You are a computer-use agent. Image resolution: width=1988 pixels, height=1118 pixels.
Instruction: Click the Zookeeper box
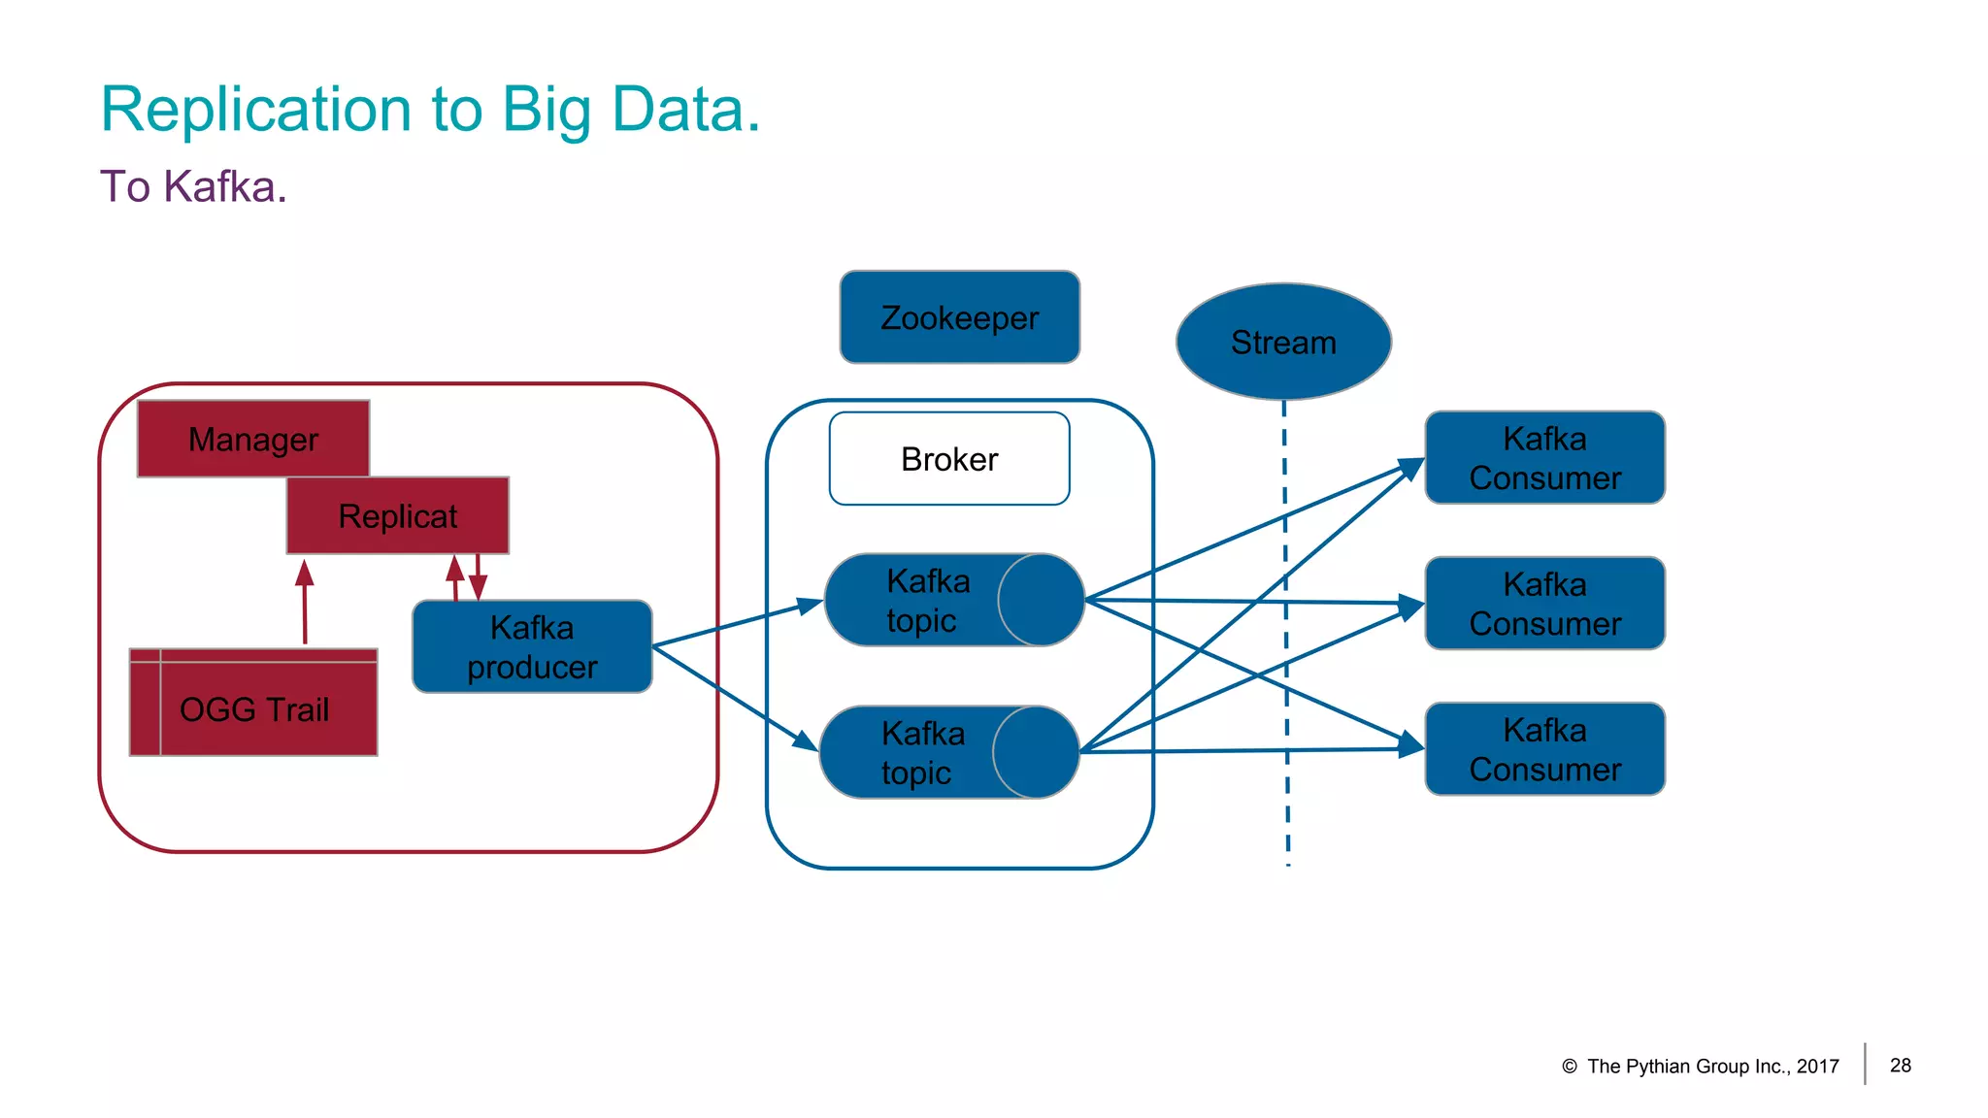(959, 317)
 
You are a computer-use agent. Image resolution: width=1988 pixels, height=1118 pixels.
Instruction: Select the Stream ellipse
(1283, 342)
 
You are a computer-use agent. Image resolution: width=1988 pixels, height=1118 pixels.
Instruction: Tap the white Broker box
(948, 458)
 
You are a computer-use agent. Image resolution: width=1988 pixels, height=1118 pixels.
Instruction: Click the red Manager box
(252, 439)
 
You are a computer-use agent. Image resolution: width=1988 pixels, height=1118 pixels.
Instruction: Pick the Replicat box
(397, 515)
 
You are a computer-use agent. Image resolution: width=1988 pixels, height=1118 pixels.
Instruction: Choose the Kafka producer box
(532, 646)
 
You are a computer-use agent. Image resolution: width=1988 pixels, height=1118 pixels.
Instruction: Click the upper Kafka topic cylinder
(953, 600)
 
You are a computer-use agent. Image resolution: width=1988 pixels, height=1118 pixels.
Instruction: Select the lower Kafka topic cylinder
(948, 752)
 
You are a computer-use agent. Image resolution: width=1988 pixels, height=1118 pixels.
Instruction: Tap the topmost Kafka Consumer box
(1544, 457)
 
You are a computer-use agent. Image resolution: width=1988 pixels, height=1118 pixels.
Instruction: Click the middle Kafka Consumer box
(1544, 603)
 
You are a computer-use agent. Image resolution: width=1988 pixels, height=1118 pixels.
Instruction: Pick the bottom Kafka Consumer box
(1544, 748)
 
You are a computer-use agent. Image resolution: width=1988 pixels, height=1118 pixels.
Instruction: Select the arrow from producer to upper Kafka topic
(738, 624)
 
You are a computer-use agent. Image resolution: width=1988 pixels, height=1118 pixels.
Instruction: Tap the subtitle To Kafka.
(193, 186)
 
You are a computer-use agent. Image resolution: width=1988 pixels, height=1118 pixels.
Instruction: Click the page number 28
(1900, 1065)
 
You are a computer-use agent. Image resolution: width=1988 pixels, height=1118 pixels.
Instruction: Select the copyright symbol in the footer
(1569, 1067)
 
